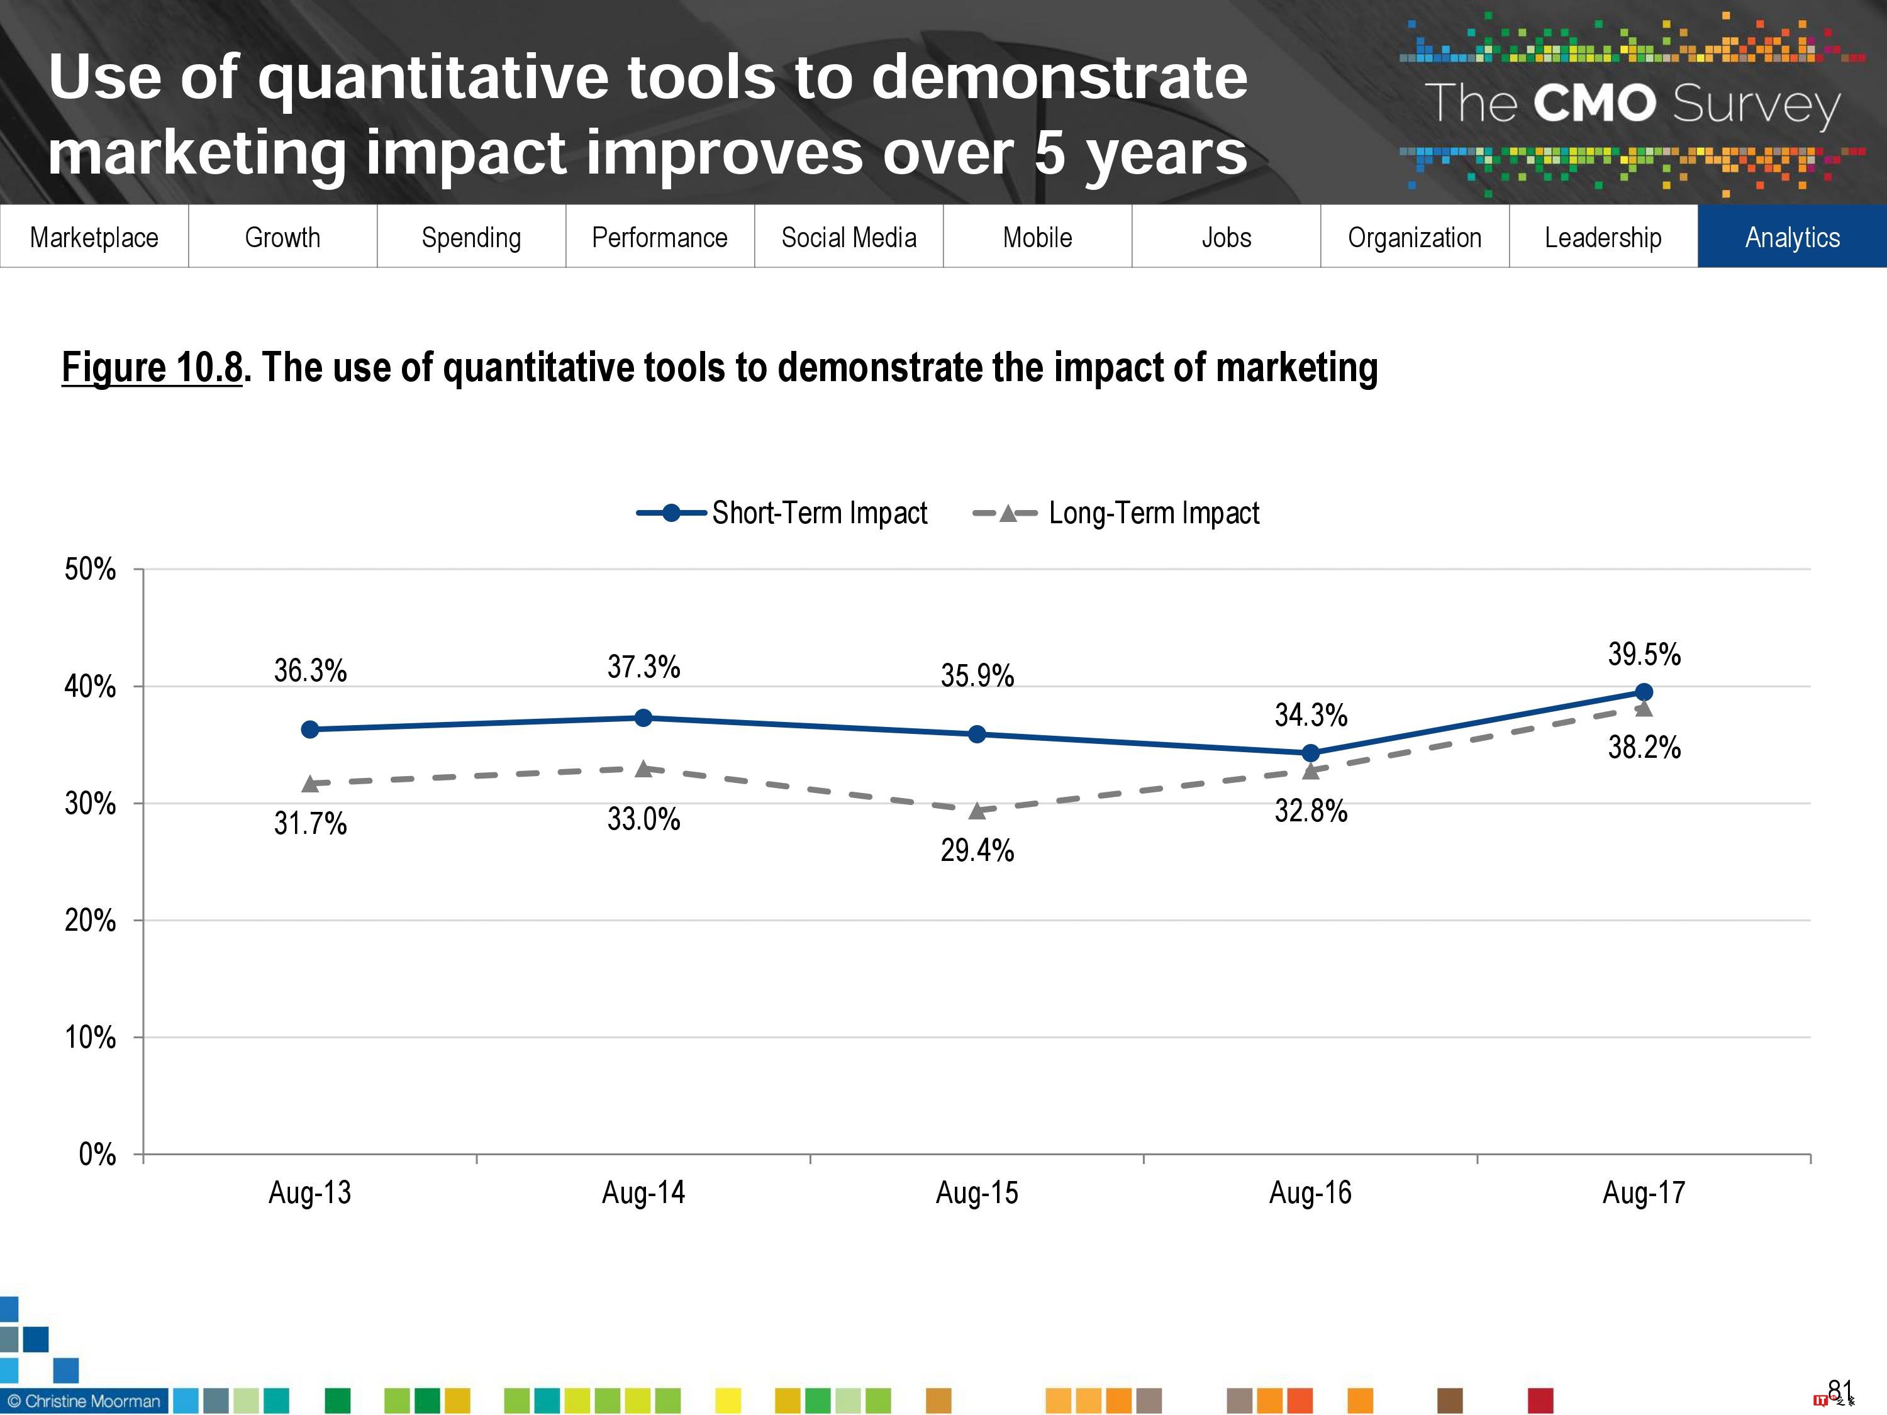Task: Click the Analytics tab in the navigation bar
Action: pos(1791,236)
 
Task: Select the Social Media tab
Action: pos(848,236)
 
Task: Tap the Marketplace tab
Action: pos(94,236)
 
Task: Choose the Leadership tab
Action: pos(1602,236)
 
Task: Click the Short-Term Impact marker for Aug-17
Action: pos(1643,692)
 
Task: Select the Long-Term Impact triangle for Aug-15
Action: pos(977,810)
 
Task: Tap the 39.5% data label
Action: pos(1643,654)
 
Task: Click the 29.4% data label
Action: pos(977,850)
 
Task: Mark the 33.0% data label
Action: pos(643,819)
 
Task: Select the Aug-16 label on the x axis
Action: pos(1310,1192)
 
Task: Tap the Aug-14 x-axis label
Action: pos(643,1192)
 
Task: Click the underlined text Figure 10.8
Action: pos(152,368)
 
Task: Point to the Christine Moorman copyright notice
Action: pos(84,1401)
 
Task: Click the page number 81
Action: pos(1839,1391)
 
